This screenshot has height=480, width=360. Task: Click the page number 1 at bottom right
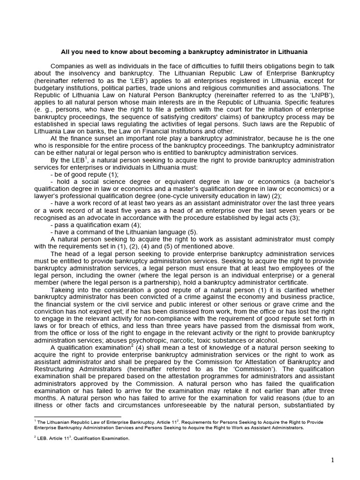pos(332,460)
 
